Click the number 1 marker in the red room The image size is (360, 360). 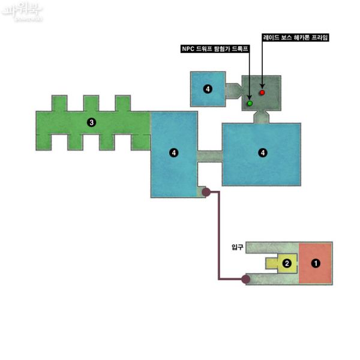coord(316,263)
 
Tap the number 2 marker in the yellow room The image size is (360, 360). coord(287,263)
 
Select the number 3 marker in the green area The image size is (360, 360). coord(91,122)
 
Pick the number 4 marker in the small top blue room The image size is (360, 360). coord(208,89)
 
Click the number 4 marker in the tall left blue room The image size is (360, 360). coord(173,154)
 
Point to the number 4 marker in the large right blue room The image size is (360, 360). coord(262,154)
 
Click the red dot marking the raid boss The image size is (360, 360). coord(262,93)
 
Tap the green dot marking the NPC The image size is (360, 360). coord(250,104)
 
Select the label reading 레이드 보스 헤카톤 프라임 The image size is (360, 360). coord(296,37)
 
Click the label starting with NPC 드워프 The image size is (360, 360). coord(215,50)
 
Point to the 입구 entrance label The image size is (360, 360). coord(237,247)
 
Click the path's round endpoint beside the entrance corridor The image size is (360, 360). coord(245,279)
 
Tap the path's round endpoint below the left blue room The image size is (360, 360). coord(206,193)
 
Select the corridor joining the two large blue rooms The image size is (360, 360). coord(209,155)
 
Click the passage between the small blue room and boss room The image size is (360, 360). coord(233,91)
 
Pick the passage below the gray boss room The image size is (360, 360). coord(260,116)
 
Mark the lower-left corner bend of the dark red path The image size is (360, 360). coord(219,279)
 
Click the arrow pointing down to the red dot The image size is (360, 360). coord(262,66)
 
